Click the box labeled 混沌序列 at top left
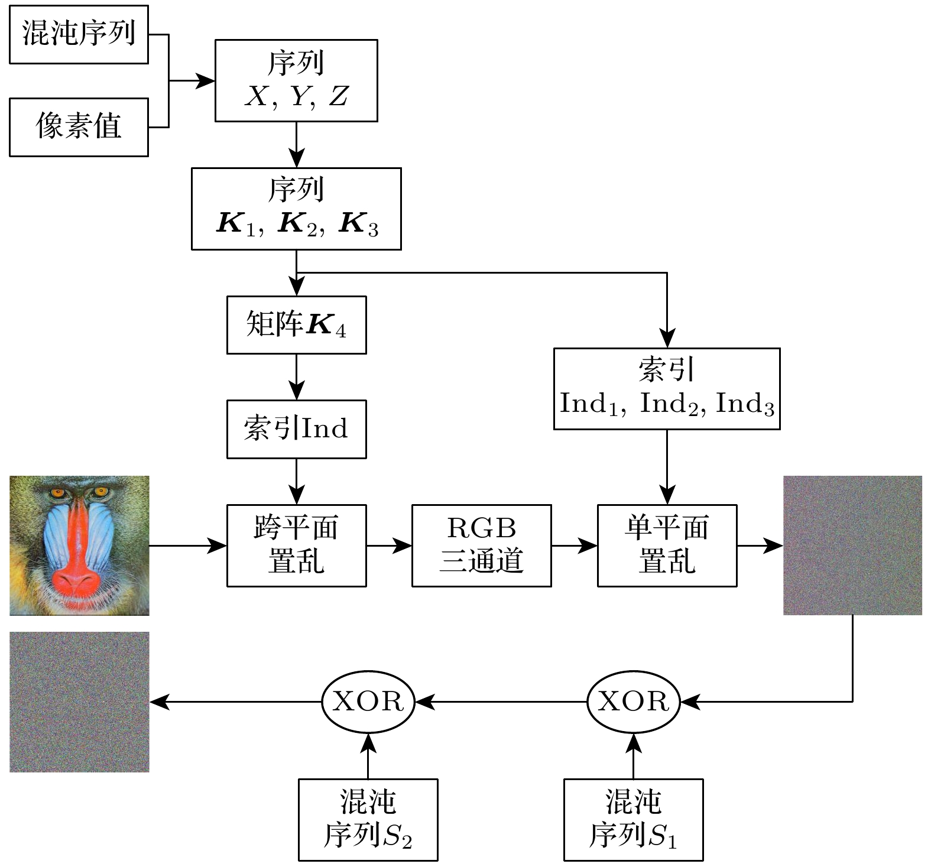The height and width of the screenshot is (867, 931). pos(79,34)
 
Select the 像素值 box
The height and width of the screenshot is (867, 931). pos(79,127)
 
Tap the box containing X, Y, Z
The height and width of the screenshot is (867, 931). pos(296,81)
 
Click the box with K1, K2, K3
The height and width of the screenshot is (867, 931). pos(296,209)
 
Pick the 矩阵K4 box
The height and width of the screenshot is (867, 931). pos(296,325)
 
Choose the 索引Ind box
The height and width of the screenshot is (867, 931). pos(296,429)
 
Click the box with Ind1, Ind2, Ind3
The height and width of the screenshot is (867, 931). pos(667,388)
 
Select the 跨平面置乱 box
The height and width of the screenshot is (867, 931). pos(296,545)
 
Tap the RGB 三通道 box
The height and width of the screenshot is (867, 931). pos(481,545)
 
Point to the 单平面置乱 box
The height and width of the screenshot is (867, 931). pos(667,545)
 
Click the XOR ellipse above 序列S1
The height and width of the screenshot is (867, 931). pos(633,702)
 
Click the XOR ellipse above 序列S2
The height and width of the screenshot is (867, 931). pos(368,702)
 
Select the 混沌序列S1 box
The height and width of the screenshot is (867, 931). pos(633,819)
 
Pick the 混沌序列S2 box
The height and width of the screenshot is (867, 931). pos(368,819)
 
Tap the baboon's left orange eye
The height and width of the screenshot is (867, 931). pos(57,492)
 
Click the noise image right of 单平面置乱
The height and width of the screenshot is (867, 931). pos(852,545)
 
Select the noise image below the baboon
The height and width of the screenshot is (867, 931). pos(79,702)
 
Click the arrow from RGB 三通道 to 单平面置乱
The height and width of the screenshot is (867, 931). pos(574,545)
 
